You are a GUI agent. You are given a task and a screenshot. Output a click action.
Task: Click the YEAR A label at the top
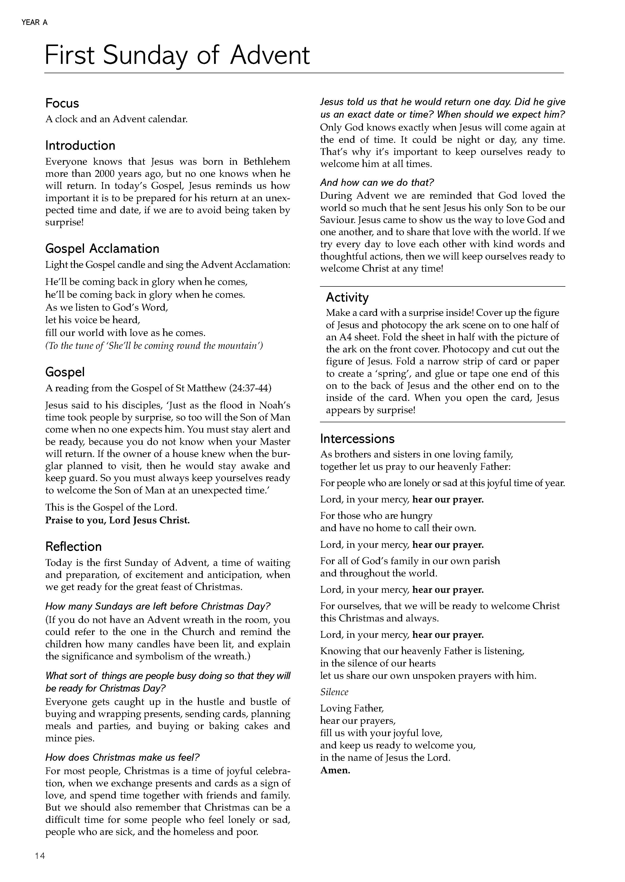pyautogui.click(x=35, y=23)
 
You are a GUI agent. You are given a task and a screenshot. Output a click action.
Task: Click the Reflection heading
pyautogui.click(x=73, y=547)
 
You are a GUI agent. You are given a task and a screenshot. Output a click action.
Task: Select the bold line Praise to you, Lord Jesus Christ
pyautogui.click(x=117, y=520)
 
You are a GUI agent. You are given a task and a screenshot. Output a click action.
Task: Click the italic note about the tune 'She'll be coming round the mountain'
pyautogui.click(x=154, y=346)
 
